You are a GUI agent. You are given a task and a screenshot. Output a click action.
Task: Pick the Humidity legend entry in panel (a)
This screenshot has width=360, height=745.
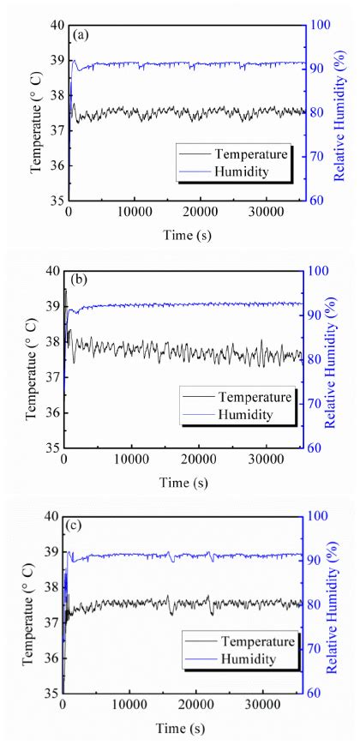(244, 171)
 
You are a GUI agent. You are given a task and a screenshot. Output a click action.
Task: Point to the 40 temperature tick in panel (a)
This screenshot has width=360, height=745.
(57, 26)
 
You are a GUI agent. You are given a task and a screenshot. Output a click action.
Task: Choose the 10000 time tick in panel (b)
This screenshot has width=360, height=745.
(131, 460)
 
